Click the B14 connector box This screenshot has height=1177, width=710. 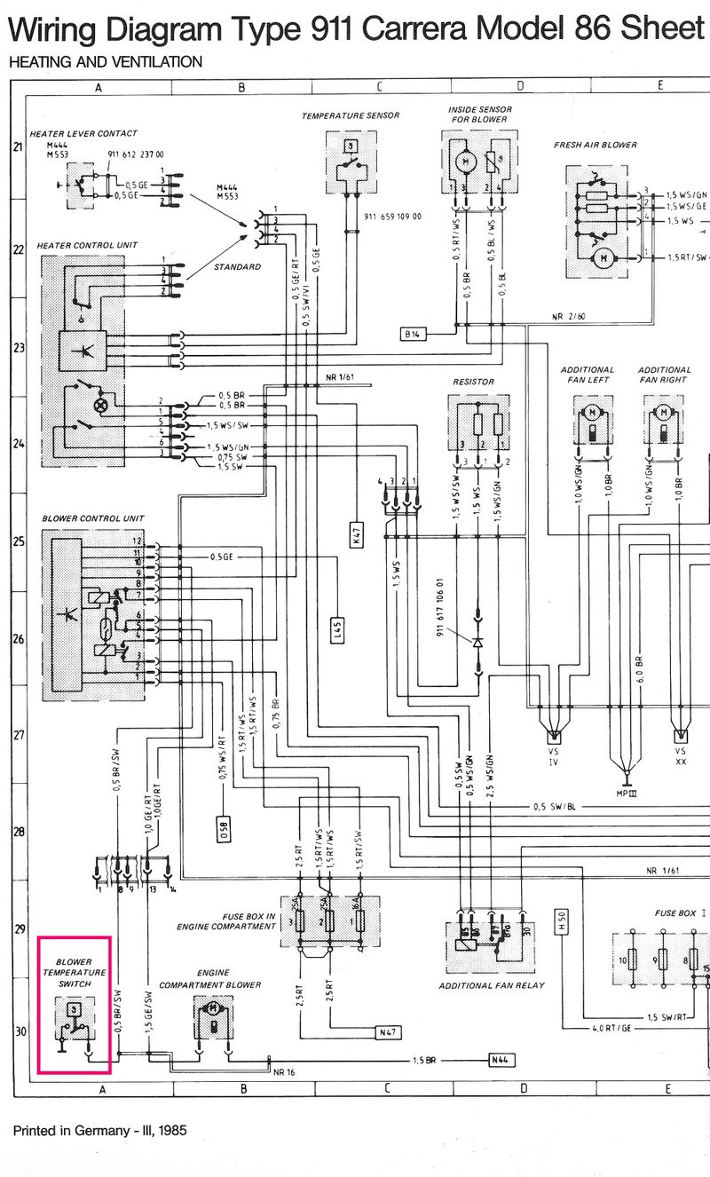(x=413, y=334)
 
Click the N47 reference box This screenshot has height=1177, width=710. (x=389, y=1032)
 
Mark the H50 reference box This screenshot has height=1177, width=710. (x=560, y=923)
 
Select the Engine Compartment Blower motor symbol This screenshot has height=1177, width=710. (x=213, y=1015)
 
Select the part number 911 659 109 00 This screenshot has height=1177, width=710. (x=392, y=217)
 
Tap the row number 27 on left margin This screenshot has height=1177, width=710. (x=18, y=735)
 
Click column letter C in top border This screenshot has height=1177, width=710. (x=379, y=86)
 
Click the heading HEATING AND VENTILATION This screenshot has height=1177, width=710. (x=105, y=62)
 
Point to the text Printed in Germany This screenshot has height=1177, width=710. (x=99, y=1131)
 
